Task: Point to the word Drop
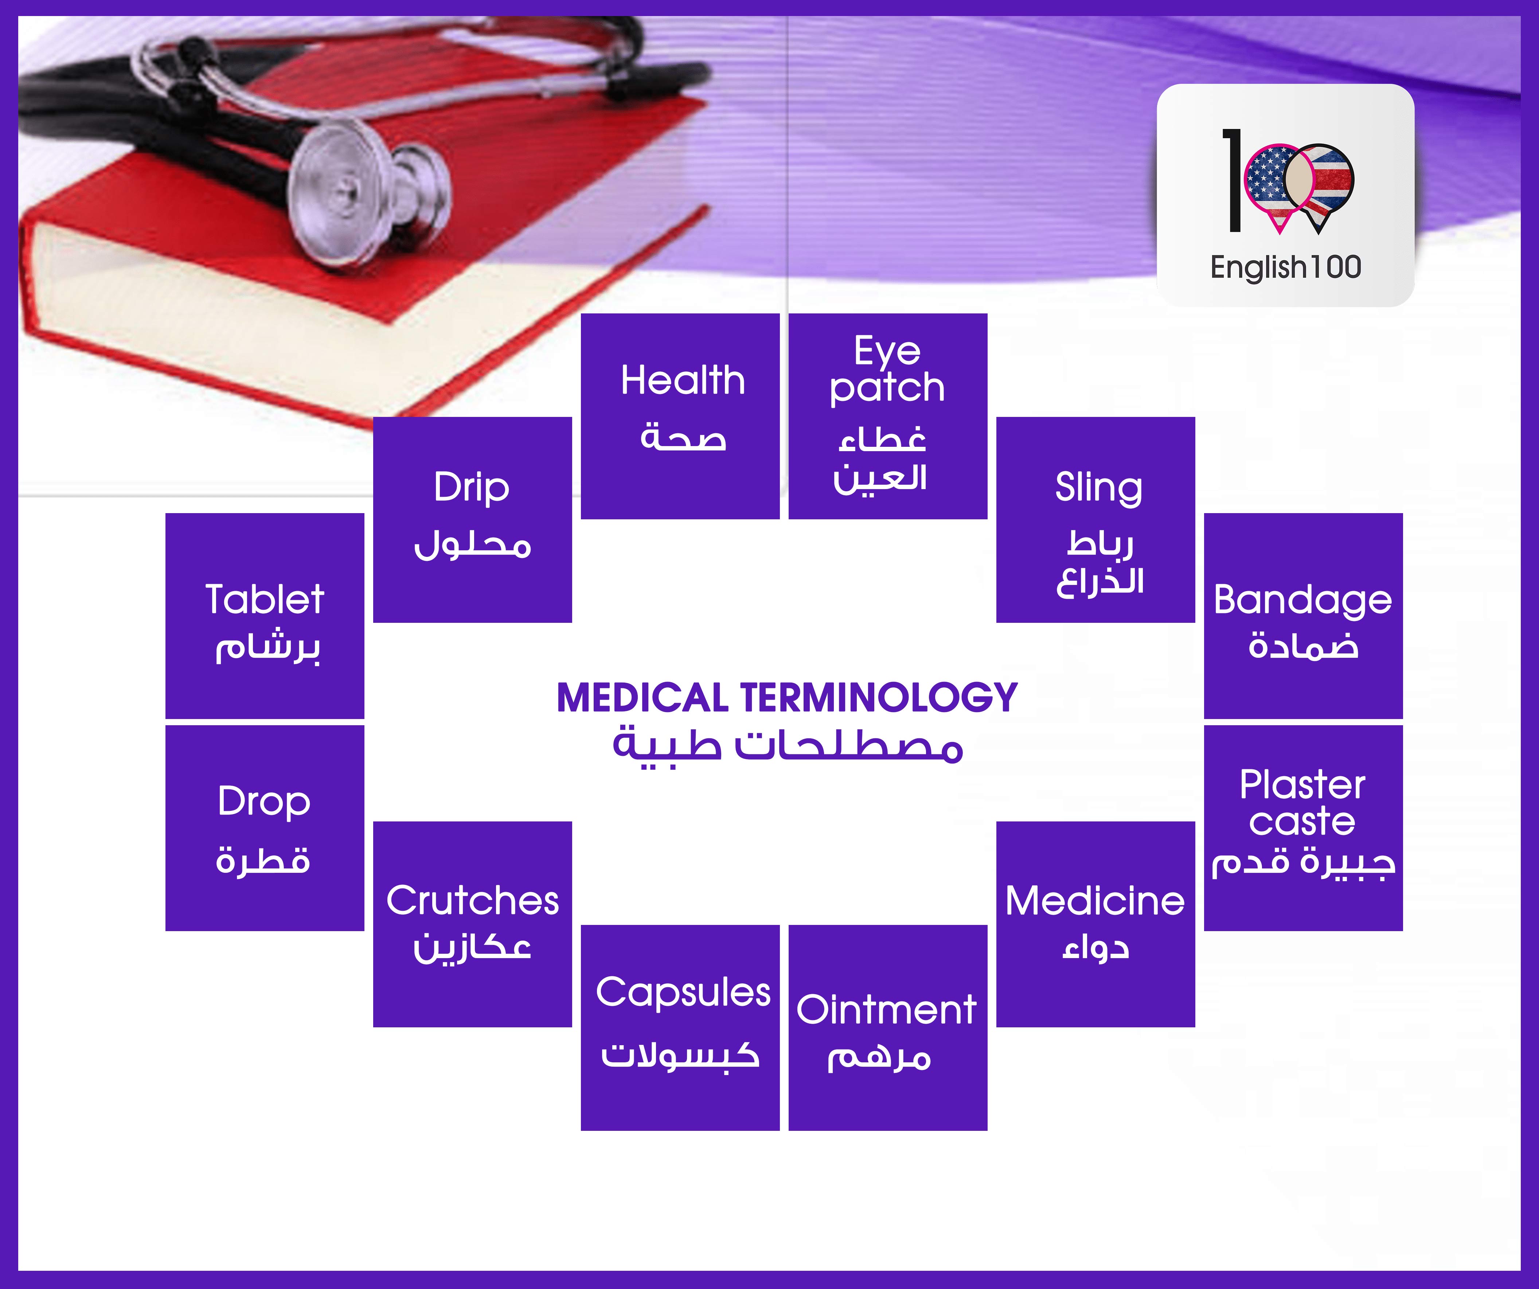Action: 264,802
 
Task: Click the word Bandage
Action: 1302,601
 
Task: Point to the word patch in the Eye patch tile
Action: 887,388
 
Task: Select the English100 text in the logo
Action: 1285,267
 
